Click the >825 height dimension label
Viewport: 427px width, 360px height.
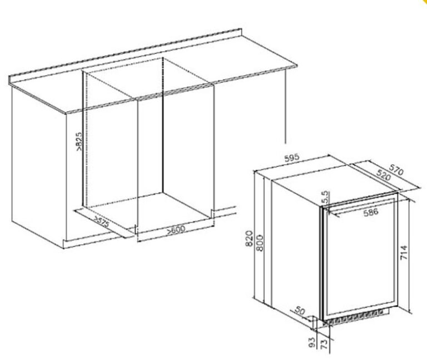coord(78,142)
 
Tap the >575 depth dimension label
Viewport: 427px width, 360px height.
coord(101,221)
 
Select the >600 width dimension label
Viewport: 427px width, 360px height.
coord(176,230)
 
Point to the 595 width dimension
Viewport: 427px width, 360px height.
coord(292,158)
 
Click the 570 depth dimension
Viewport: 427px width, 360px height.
coord(396,170)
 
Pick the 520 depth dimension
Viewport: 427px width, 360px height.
coord(384,175)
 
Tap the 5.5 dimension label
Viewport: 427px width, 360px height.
coord(325,198)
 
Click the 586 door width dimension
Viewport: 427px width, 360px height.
coord(371,212)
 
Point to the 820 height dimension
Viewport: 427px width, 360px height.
coord(249,239)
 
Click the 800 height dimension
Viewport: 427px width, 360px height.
coord(260,243)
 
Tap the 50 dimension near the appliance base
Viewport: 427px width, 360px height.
coord(300,311)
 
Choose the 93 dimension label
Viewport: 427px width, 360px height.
coord(312,342)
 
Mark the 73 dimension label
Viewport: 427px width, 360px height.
coord(323,344)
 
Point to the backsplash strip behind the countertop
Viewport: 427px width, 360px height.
coord(125,55)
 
